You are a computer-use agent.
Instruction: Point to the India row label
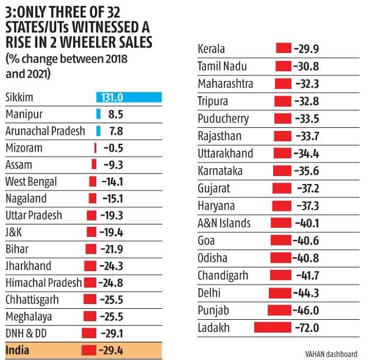tap(17, 350)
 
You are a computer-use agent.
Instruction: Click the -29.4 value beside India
tap(113, 350)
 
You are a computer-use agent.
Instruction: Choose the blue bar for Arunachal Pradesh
tap(98, 131)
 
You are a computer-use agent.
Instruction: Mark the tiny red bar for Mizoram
tap(96, 148)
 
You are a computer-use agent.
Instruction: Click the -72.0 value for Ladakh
tap(307, 328)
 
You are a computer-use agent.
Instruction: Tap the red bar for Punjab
tap(280, 311)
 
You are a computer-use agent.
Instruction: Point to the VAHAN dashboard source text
tap(332, 354)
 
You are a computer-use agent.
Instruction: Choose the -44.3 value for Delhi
tap(307, 293)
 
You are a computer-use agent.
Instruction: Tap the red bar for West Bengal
tap(93, 182)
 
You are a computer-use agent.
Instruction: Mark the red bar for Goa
tap(282, 241)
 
